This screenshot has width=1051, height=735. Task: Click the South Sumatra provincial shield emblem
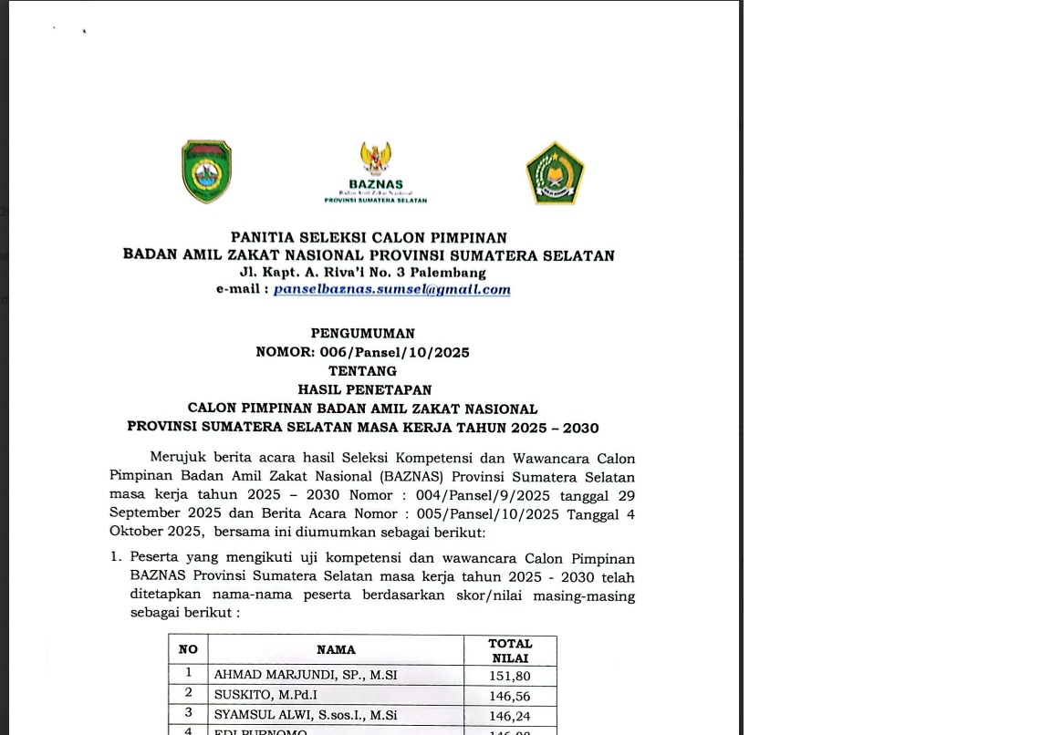(206, 171)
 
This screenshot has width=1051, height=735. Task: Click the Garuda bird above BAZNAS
(375, 159)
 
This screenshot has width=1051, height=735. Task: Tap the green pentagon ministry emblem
(555, 173)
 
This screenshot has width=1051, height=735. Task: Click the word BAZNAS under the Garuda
(375, 184)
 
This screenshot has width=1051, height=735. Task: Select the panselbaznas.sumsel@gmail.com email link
(391, 289)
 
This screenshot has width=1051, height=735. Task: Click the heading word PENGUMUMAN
(362, 334)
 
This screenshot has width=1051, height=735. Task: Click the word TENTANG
(362, 371)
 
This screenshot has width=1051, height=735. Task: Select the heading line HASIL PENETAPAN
(364, 389)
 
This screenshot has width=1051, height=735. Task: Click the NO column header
(188, 650)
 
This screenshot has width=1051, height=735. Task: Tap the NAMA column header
(336, 650)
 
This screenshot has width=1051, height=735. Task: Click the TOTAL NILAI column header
(510, 650)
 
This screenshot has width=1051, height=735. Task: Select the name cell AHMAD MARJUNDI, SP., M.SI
(306, 676)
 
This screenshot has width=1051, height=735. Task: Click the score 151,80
(510, 677)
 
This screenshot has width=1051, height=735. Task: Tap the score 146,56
(510, 696)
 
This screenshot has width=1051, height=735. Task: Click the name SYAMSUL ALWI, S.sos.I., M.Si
(306, 715)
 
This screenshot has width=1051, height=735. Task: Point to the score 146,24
(510, 716)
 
